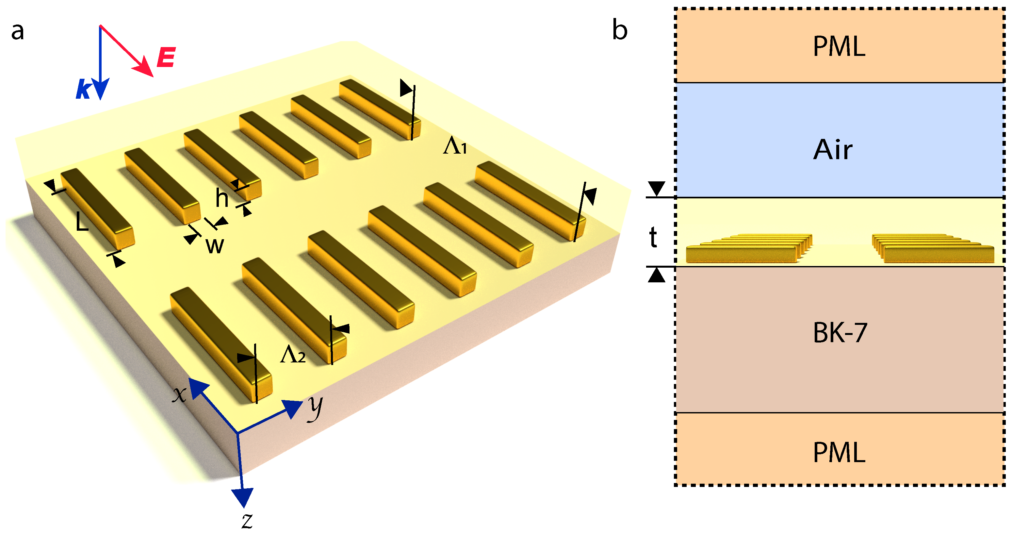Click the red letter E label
[166, 57]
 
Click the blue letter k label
[84, 89]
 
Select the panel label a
[18, 31]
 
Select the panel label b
[620, 30]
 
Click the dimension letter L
[82, 223]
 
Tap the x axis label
[179, 394]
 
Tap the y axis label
[315, 407]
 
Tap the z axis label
[247, 520]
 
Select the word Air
[832, 150]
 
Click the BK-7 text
[840, 333]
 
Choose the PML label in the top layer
[839, 47]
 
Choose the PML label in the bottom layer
[839, 453]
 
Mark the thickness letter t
[653, 238]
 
